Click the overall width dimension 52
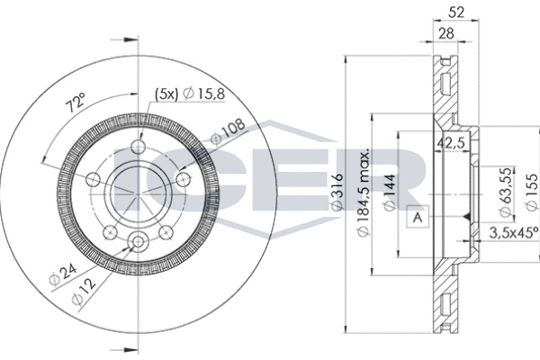(x=456, y=13)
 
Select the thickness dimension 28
(x=446, y=33)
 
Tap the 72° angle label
(x=76, y=103)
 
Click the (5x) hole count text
(x=166, y=94)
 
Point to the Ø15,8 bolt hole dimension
(x=204, y=93)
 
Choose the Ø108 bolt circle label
(x=228, y=131)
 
